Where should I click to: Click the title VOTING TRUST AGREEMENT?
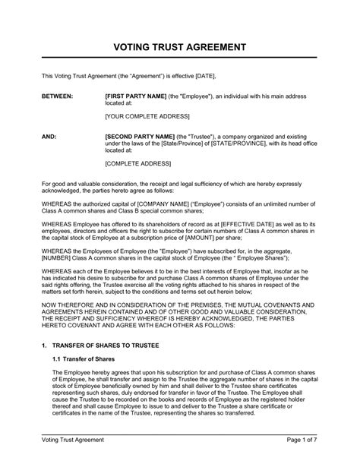pos(179,46)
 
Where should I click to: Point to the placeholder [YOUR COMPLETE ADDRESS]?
pos(147,118)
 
